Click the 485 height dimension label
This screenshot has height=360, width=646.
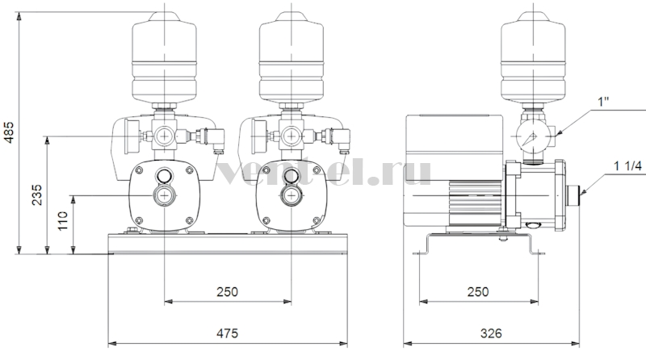9,132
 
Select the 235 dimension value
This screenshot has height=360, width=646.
37,195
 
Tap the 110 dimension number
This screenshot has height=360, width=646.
63,221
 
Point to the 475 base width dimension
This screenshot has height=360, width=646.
228,333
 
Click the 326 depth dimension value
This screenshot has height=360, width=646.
491,333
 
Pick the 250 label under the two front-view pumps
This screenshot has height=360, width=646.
228,291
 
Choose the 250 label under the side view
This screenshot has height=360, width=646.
478,291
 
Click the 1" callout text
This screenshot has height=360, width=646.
603,102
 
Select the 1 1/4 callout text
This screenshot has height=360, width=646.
628,165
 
